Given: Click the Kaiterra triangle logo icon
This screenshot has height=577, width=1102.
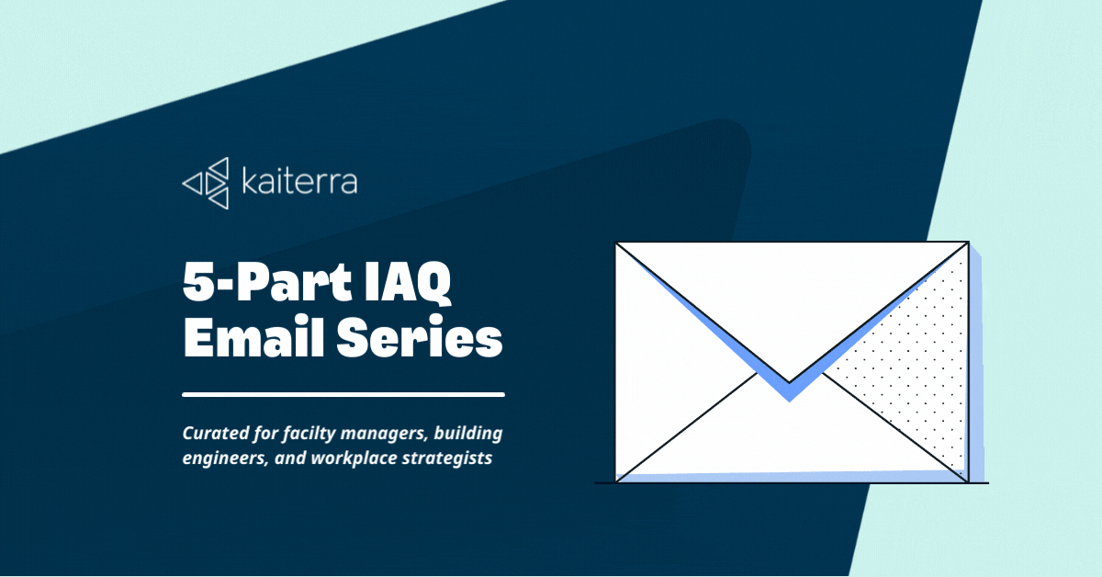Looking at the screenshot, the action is [x=206, y=183].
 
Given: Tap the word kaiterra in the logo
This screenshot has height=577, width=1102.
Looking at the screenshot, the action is [x=299, y=181].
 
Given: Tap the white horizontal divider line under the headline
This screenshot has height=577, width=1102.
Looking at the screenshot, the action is [x=343, y=394].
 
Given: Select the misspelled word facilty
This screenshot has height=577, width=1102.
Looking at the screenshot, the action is [x=308, y=435].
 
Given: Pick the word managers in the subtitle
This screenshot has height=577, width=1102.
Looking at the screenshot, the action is [x=383, y=436].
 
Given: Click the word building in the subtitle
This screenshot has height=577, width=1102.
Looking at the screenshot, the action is [x=467, y=434].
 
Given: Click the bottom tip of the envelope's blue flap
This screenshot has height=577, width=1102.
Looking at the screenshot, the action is [x=790, y=402].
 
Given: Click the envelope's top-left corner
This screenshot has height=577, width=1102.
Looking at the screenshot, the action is [x=616, y=243].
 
